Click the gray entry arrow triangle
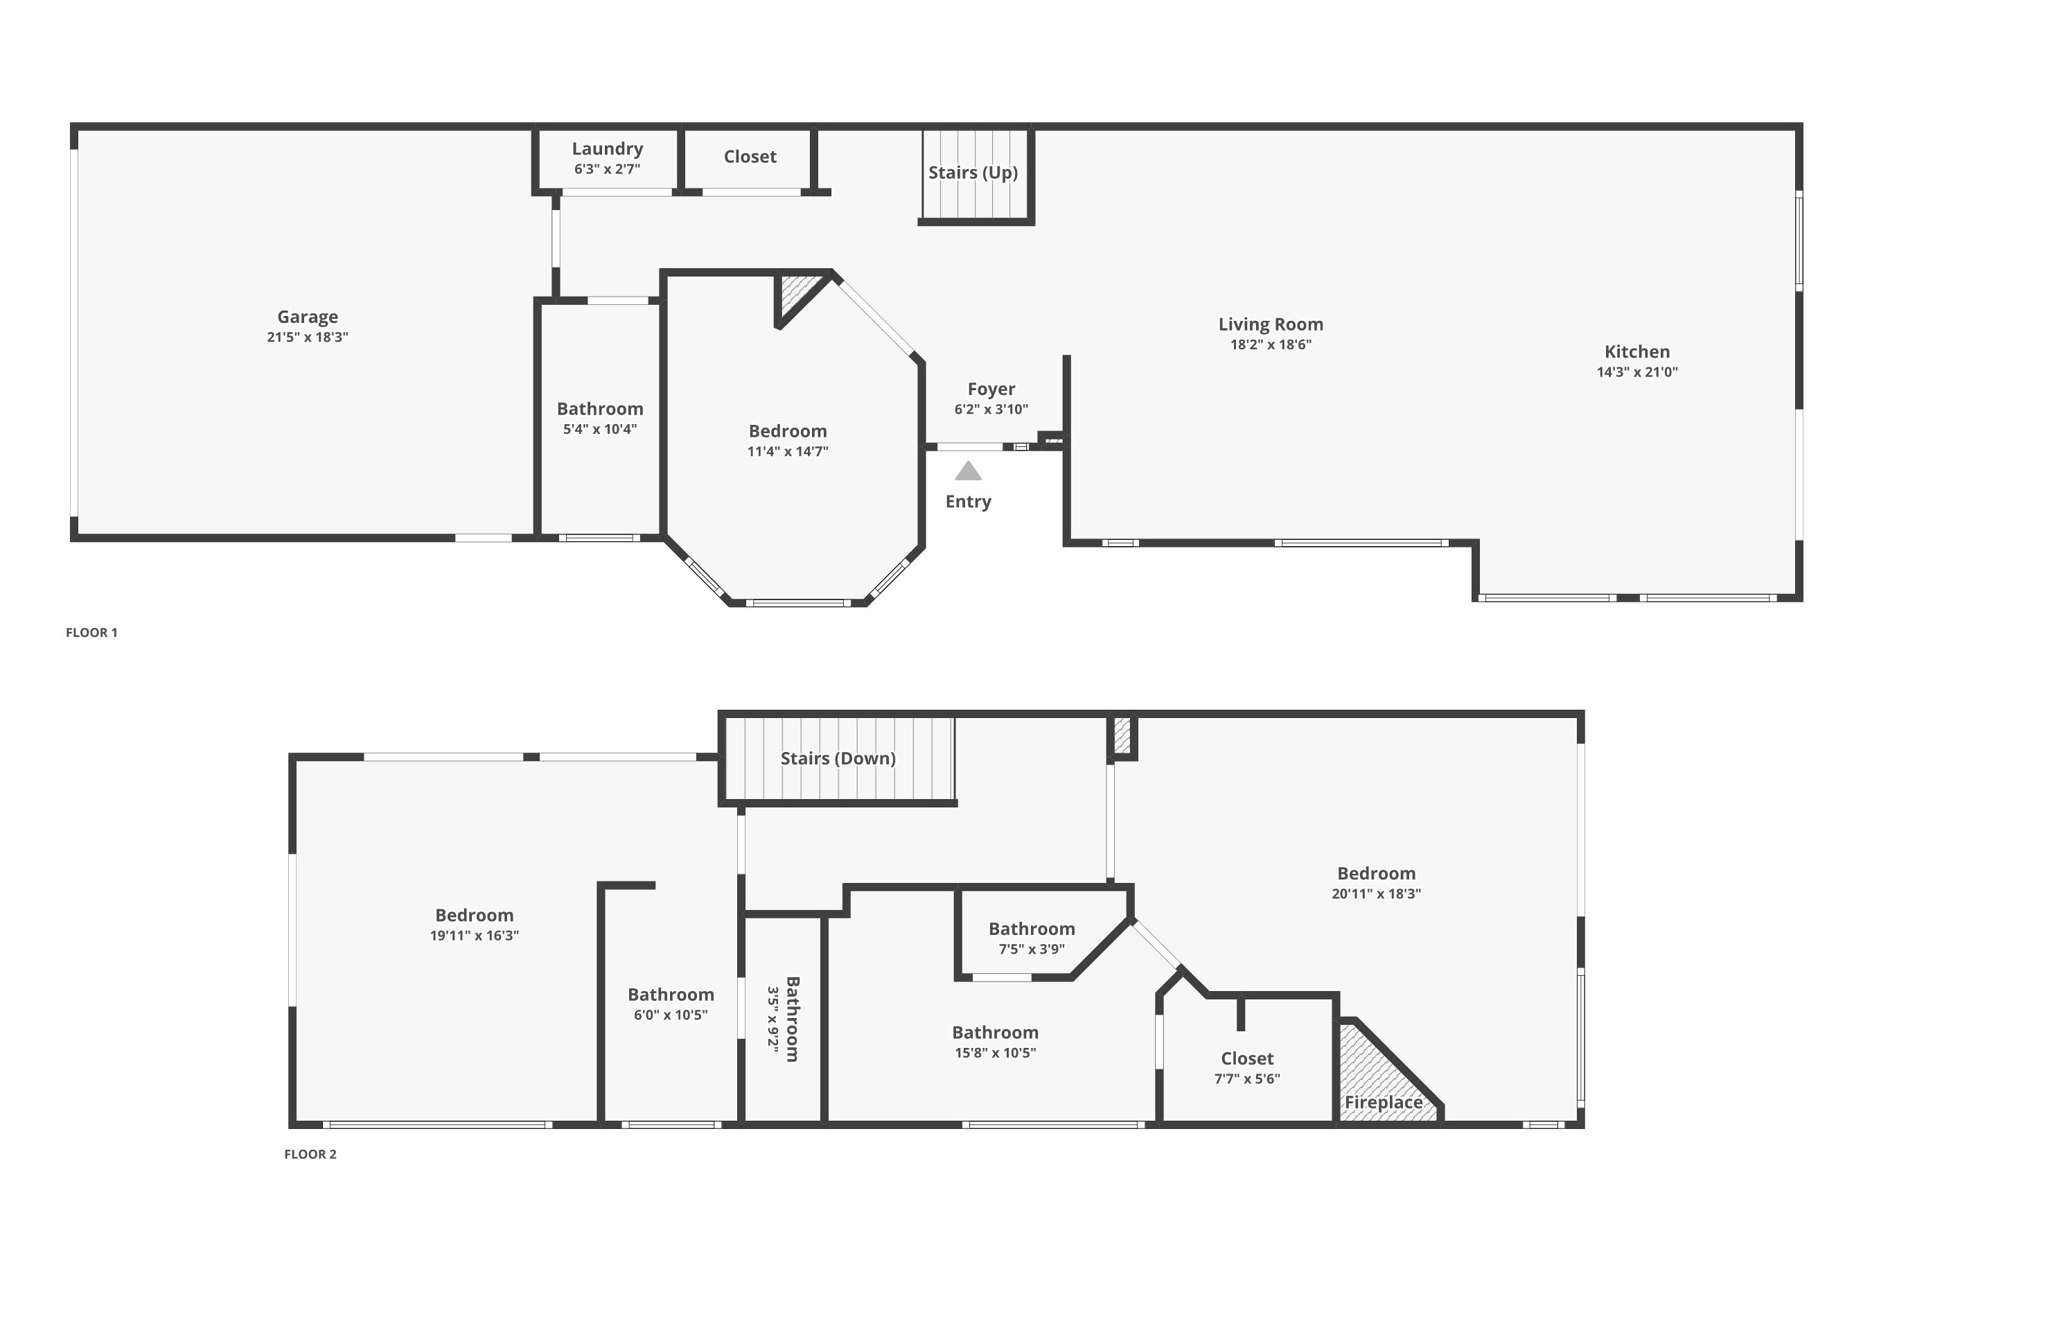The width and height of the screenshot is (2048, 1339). click(x=968, y=471)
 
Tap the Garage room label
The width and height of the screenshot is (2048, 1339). click(x=307, y=317)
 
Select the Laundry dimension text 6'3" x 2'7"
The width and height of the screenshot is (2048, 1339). click(x=608, y=168)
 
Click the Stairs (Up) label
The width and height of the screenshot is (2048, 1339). click(x=973, y=172)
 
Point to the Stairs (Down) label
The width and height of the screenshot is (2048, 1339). click(x=838, y=758)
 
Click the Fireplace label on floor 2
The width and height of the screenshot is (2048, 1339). click(x=1384, y=1103)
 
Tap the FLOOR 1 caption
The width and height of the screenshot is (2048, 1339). click(x=92, y=633)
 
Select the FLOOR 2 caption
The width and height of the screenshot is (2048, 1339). click(x=310, y=1154)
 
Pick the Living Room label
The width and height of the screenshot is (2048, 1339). click(x=1271, y=324)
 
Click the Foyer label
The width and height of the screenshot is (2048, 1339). click(x=991, y=389)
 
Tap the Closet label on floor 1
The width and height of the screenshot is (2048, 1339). click(x=750, y=157)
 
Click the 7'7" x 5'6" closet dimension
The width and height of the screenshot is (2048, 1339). click(x=1247, y=1079)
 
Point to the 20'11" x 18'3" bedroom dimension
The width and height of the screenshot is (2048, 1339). click(x=1376, y=893)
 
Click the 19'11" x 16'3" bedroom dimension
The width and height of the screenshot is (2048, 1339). click(x=474, y=936)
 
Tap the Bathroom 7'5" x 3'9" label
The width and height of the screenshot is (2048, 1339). click(x=1032, y=938)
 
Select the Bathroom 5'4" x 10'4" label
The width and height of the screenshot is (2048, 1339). click(x=600, y=418)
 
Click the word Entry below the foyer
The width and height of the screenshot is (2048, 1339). click(x=968, y=502)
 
